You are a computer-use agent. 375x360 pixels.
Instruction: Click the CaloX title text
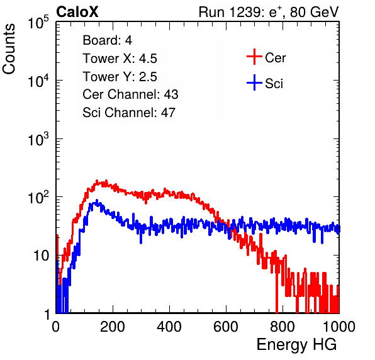coord(77,12)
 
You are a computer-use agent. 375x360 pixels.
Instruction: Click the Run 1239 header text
coord(269,12)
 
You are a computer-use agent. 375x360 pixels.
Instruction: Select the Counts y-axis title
coord(9,49)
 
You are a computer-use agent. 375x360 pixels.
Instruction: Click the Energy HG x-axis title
coord(296,345)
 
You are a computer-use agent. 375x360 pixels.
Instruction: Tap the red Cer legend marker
coord(254,57)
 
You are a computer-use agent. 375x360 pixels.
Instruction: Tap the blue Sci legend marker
coord(254,82)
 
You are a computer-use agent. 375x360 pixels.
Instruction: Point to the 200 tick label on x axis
coord(113,327)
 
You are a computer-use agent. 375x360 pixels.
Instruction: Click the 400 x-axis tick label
coord(169,327)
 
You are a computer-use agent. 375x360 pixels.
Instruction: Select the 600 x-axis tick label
coord(226,327)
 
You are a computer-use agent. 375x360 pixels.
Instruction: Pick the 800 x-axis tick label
coord(283,327)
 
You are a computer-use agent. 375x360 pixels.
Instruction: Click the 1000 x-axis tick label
coord(339,327)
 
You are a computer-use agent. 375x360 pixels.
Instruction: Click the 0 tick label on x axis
coord(56,327)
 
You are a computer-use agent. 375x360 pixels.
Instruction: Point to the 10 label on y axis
coord(42,256)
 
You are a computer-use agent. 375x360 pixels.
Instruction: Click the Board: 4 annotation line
coord(108,40)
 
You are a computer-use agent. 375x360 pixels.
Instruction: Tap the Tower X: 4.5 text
coord(120,59)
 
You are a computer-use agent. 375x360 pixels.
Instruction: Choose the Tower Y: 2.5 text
coord(120,77)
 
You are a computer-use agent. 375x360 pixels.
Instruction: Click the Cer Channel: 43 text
coord(130,94)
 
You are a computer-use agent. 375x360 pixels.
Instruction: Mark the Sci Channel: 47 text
coord(129,113)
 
